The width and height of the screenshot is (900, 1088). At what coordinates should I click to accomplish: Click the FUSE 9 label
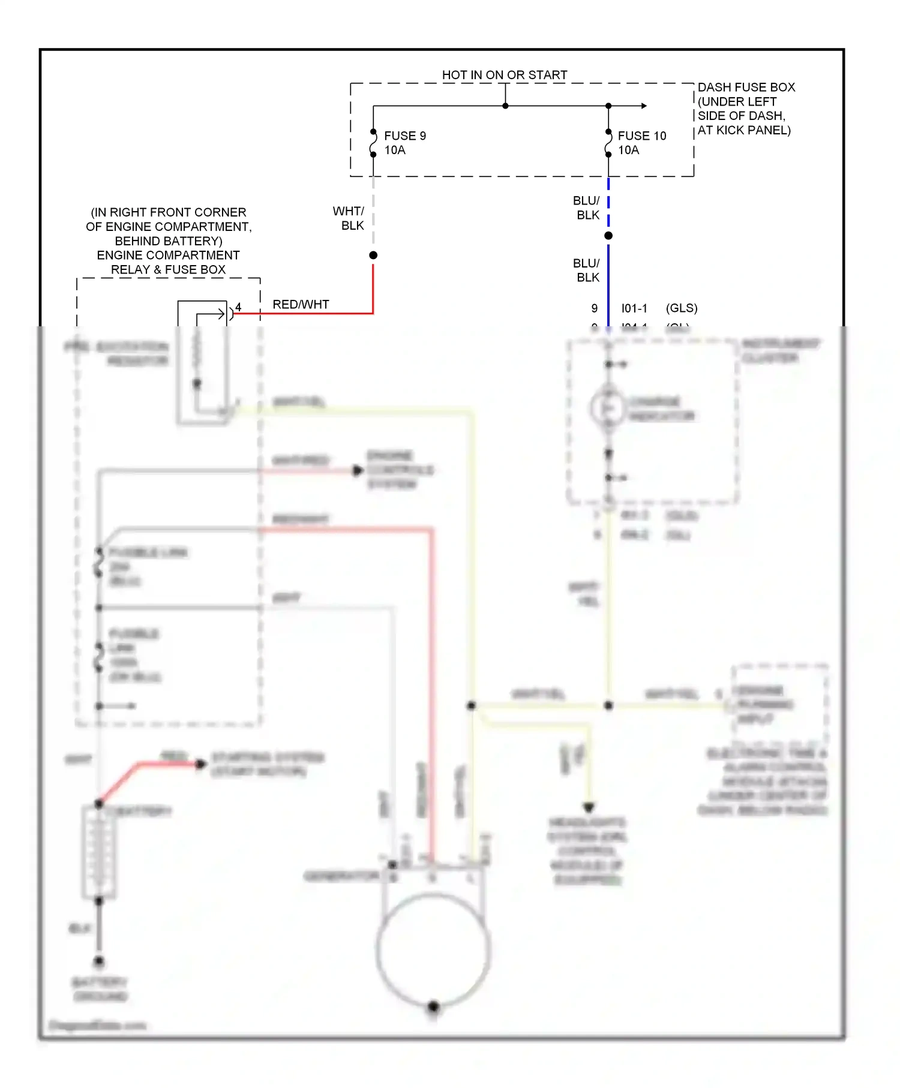(405, 136)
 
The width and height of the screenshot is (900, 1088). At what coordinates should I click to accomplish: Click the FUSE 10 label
(641, 136)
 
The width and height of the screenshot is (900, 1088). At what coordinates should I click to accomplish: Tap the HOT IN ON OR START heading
(504, 75)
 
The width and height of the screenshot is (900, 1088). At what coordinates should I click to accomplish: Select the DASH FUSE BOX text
(746, 88)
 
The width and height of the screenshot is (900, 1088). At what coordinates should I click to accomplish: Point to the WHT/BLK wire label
(350, 218)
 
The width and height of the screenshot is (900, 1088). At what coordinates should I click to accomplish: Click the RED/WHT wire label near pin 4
(301, 305)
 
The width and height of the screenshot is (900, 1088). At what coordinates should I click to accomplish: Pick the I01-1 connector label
(634, 308)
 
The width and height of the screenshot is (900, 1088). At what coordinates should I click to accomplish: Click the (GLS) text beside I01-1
(682, 308)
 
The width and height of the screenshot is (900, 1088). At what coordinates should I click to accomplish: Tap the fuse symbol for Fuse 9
(373, 143)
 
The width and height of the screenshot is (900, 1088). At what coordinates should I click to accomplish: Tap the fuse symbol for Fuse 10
(608, 143)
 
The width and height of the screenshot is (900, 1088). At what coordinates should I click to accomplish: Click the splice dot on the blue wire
(608, 236)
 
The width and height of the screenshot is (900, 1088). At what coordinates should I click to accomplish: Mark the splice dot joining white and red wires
(373, 256)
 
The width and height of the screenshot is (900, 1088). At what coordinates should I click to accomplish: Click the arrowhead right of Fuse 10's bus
(644, 106)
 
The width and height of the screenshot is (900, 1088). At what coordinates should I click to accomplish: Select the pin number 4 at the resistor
(238, 307)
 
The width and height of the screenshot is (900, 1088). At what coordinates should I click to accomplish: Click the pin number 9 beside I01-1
(595, 308)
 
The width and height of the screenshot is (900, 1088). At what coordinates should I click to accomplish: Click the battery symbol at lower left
(99, 852)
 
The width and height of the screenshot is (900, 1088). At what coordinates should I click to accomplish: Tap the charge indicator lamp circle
(608, 408)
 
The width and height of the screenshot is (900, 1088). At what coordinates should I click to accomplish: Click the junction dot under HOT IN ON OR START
(505, 106)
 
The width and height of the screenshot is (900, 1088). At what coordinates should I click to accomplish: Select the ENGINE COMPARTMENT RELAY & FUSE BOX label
(168, 263)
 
